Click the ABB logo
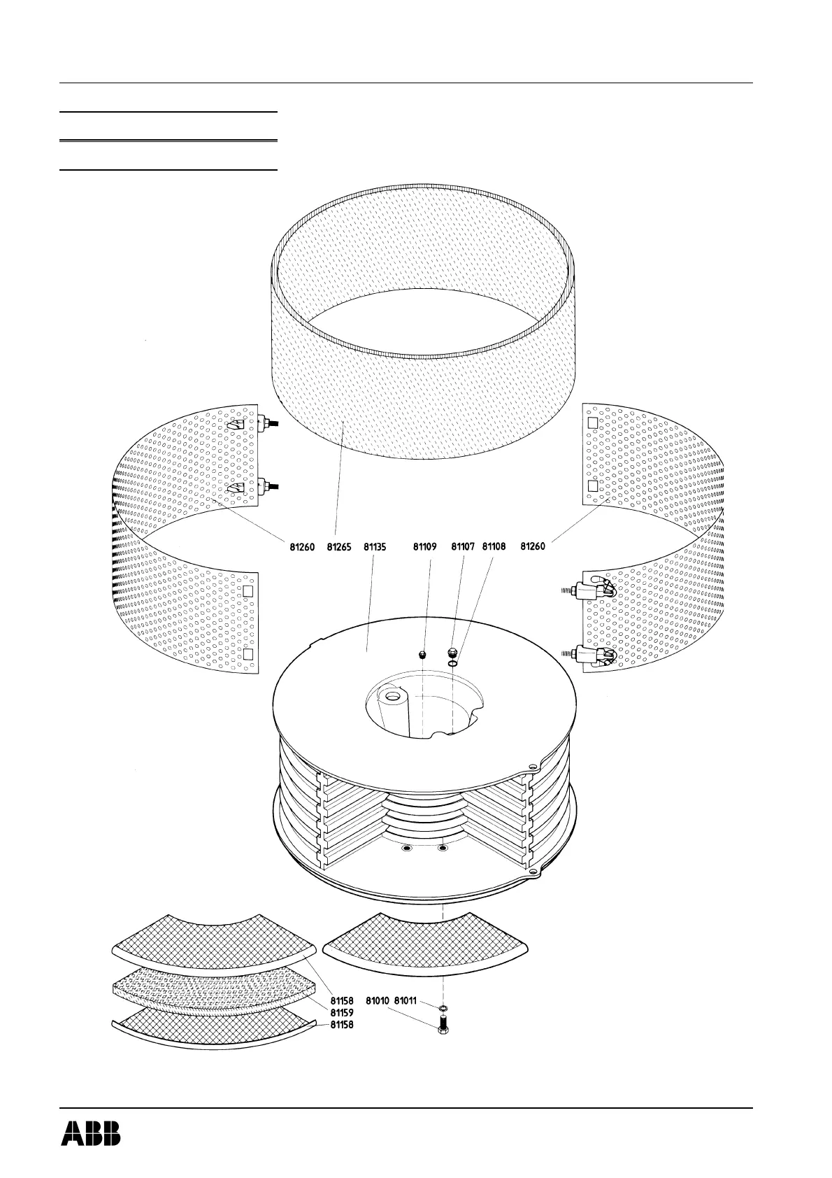click(90, 1133)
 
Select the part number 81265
click(341, 548)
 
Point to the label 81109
click(424, 548)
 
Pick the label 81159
click(342, 1012)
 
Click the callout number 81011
click(406, 1001)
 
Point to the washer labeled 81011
click(443, 1008)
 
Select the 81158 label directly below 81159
click(342, 1025)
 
